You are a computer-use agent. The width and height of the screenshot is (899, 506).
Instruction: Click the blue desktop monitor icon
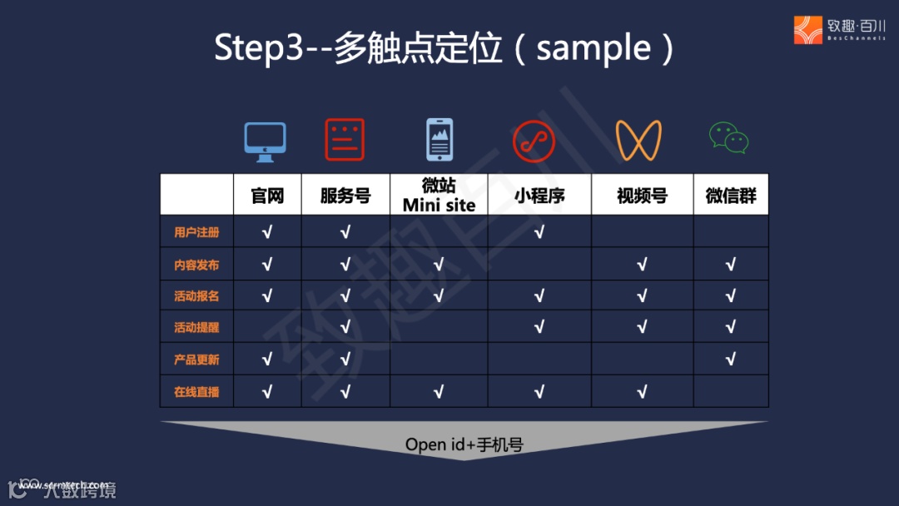click(x=265, y=141)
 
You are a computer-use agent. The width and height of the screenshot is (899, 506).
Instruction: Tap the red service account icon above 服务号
click(x=345, y=140)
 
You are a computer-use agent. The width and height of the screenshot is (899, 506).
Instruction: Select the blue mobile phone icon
click(x=440, y=140)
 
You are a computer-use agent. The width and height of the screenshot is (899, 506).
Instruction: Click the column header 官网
click(x=267, y=196)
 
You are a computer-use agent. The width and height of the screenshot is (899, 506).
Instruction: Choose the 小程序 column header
click(x=539, y=196)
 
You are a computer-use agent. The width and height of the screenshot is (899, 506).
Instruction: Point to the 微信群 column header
click(x=731, y=196)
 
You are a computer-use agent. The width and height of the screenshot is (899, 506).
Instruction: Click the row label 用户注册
click(x=196, y=232)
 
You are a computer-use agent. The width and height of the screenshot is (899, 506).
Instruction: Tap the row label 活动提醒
click(x=196, y=327)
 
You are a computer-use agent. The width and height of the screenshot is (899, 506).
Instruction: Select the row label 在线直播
click(x=196, y=391)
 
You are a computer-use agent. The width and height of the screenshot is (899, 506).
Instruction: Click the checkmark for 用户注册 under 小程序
click(x=539, y=232)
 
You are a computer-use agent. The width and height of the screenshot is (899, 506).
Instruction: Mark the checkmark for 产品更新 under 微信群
click(x=731, y=360)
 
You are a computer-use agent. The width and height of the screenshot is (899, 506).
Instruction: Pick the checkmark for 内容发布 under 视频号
click(x=642, y=265)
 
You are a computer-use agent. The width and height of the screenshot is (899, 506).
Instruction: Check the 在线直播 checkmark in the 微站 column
click(x=439, y=391)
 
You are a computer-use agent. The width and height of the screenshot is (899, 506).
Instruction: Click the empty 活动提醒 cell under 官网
click(x=267, y=327)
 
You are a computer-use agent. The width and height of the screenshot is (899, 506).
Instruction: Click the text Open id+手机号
click(x=464, y=444)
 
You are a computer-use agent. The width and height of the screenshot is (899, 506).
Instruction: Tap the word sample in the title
click(x=594, y=47)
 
